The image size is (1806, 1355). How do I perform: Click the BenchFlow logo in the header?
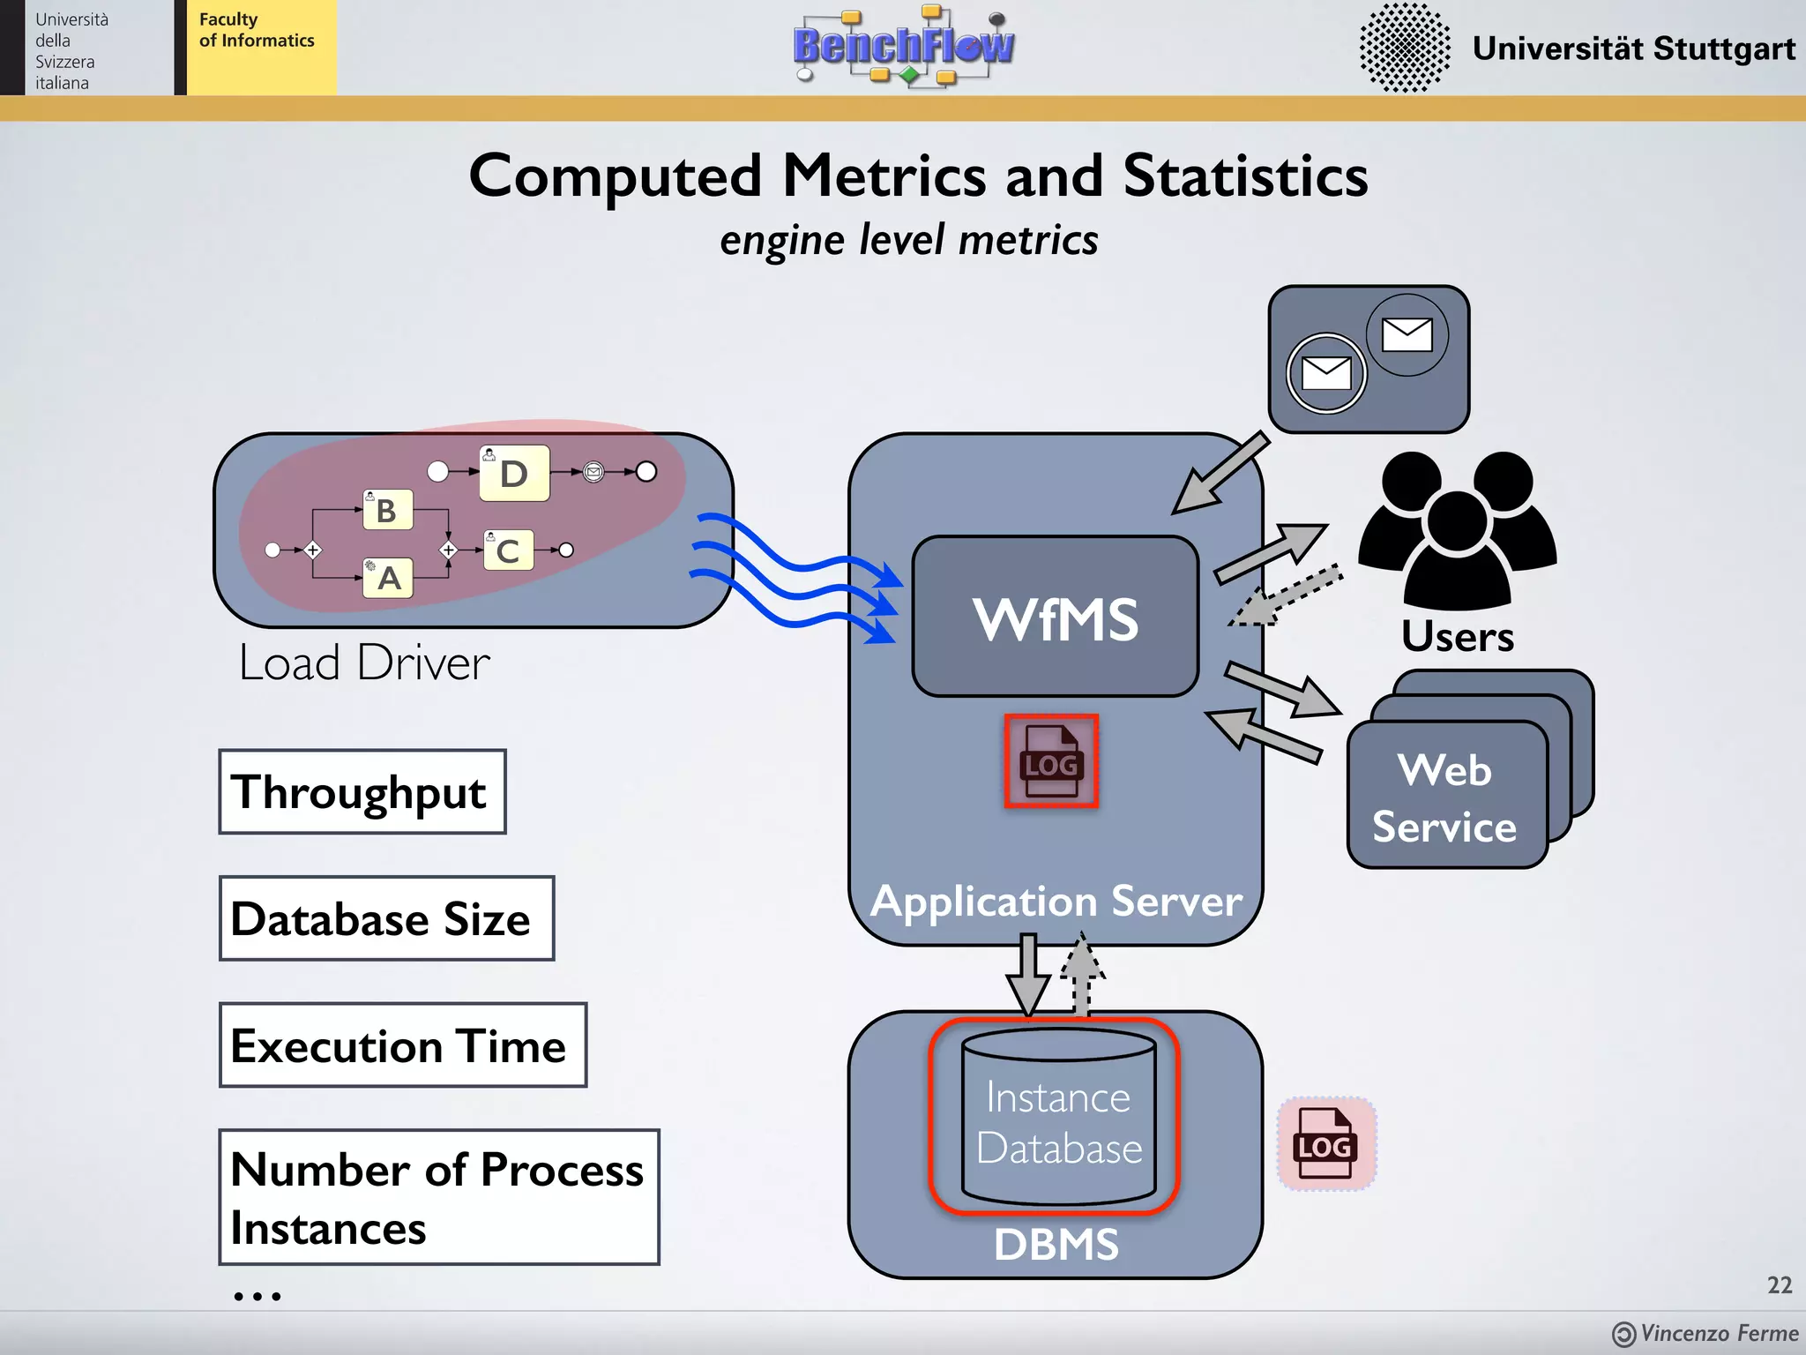pyautogui.click(x=903, y=46)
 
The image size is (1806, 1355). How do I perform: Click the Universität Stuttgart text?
pyautogui.click(x=1633, y=48)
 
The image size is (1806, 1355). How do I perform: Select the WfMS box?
pyautogui.click(x=1055, y=617)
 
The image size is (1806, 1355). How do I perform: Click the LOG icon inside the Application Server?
pyautogui.click(x=1050, y=761)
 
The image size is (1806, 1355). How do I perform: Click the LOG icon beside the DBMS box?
pyautogui.click(x=1325, y=1144)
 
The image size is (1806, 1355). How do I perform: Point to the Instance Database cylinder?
pyautogui.click(x=1058, y=1119)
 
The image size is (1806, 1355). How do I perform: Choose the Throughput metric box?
pyautogui.click(x=362, y=791)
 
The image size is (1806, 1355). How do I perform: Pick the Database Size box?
pyautogui.click(x=385, y=918)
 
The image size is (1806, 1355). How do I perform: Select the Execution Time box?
pyautogui.click(x=402, y=1045)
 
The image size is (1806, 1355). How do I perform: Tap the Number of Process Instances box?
pyautogui.click(x=438, y=1197)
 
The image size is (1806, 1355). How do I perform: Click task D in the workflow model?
pyautogui.click(x=514, y=474)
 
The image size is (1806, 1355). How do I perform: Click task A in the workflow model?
pyautogui.click(x=388, y=579)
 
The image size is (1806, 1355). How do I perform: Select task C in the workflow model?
pyautogui.click(x=508, y=550)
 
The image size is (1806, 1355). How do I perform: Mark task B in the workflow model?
pyautogui.click(x=387, y=510)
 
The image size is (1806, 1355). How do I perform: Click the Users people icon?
pyautogui.click(x=1457, y=529)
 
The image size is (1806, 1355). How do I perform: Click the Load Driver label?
pyautogui.click(x=364, y=663)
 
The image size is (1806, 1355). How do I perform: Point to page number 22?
pyautogui.click(x=1779, y=1284)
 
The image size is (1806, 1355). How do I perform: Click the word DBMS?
pyautogui.click(x=1056, y=1244)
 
